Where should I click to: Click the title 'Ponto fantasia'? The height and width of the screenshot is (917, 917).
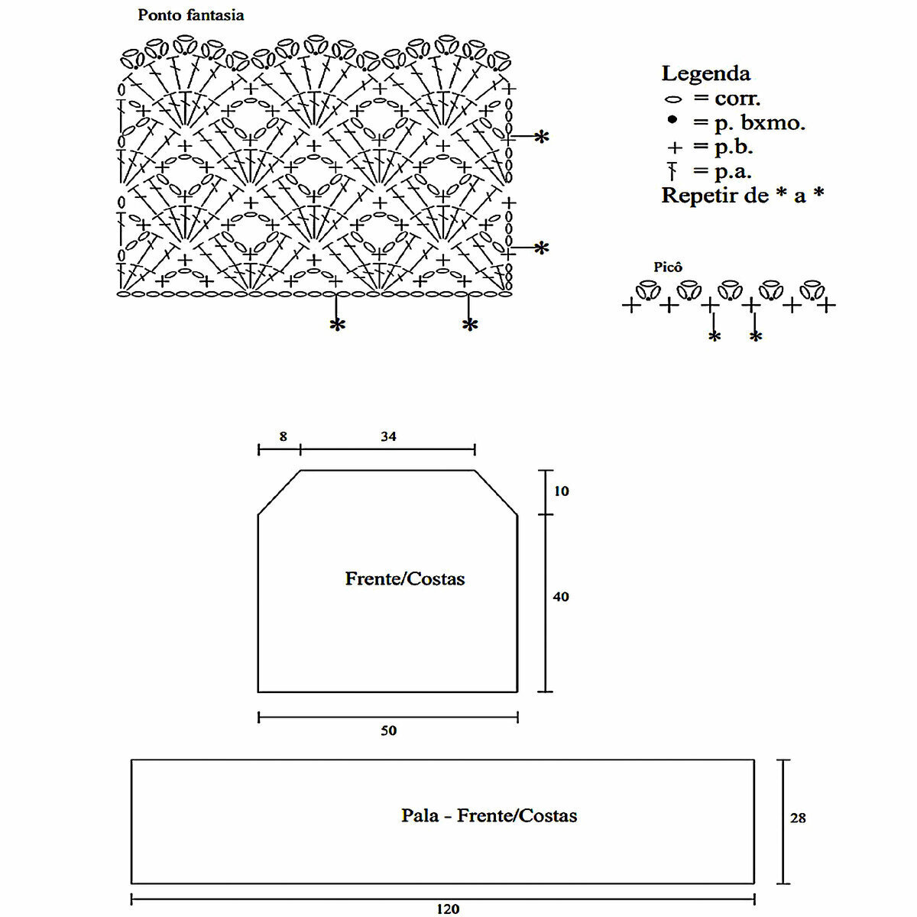click(x=191, y=15)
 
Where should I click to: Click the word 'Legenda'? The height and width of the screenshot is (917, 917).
click(x=705, y=74)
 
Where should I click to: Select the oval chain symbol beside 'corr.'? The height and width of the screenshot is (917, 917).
click(x=673, y=99)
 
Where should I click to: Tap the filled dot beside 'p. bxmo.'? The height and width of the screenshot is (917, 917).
click(x=672, y=120)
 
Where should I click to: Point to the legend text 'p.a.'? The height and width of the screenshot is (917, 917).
click(x=733, y=171)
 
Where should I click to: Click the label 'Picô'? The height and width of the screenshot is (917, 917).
click(x=668, y=267)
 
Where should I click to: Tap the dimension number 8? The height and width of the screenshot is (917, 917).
click(x=283, y=437)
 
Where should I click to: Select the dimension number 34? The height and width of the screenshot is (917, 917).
click(x=388, y=437)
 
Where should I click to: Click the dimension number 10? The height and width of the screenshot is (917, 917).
click(x=562, y=491)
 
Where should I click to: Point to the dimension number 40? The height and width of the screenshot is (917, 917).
click(x=561, y=597)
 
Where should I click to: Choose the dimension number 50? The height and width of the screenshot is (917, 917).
click(x=388, y=731)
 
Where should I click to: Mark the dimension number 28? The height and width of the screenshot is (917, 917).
click(x=798, y=818)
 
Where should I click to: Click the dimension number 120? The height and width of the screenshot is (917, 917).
click(x=448, y=909)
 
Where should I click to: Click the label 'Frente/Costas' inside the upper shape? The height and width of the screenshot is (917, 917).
click(x=405, y=579)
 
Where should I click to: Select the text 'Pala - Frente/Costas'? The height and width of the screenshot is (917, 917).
click(x=489, y=816)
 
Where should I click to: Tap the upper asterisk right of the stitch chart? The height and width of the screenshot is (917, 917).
click(x=541, y=138)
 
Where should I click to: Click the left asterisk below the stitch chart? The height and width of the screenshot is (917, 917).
click(x=337, y=326)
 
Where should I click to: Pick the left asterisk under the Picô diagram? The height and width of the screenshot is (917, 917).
click(x=714, y=337)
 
